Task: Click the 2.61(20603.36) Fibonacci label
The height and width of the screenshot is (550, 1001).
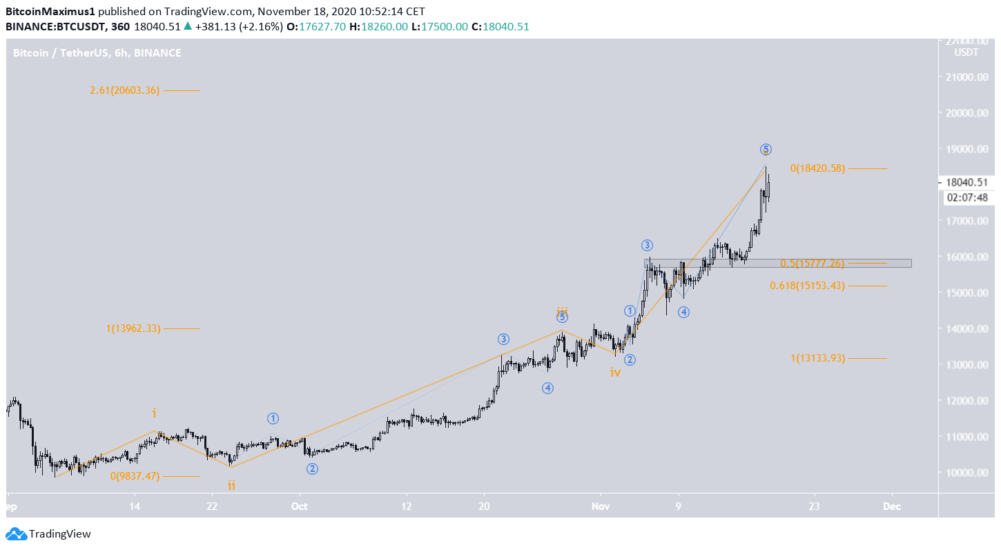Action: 125,90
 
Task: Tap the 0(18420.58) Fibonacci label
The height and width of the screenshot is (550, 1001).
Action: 817,168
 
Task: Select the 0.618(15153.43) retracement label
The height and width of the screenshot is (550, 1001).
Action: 807,286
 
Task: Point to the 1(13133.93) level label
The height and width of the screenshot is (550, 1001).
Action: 817,358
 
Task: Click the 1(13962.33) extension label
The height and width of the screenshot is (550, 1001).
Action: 133,329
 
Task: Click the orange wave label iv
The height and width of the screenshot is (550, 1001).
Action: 615,373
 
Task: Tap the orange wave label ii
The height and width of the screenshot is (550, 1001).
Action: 231,486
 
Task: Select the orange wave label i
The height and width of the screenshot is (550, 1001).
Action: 155,413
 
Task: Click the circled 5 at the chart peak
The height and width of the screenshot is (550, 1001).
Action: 766,149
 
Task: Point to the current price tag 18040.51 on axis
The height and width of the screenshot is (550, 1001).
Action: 967,183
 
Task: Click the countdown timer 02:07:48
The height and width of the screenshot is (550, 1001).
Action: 967,197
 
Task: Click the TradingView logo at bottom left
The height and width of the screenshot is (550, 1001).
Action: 49,533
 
